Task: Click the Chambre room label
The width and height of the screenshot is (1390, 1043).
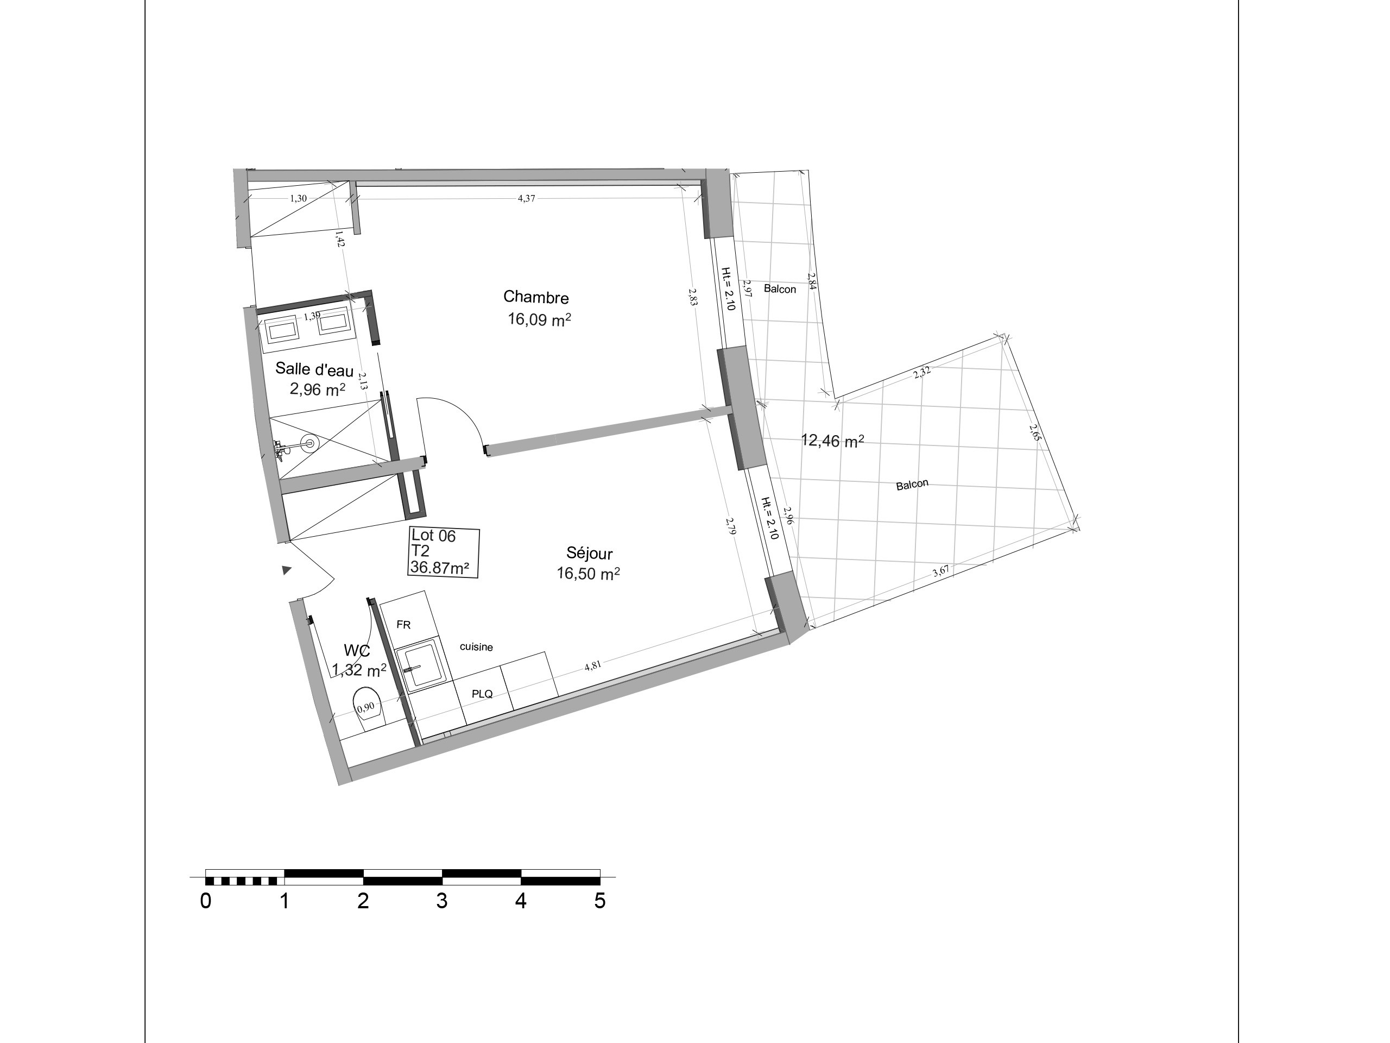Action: [x=536, y=297]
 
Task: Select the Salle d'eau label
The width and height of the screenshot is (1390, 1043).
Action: [x=314, y=370]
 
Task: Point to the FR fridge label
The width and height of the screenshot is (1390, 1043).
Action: [x=403, y=625]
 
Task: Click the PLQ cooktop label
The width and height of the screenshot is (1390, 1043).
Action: [x=482, y=694]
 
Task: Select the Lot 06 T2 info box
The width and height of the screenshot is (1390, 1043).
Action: [x=444, y=552]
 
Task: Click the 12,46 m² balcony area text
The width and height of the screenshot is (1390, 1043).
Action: [x=832, y=441]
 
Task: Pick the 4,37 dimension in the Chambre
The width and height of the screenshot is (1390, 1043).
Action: [x=526, y=198]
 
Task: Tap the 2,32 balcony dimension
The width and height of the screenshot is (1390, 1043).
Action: [x=922, y=372]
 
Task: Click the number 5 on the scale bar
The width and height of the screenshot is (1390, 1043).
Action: [x=599, y=901]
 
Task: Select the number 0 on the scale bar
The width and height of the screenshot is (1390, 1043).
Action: [x=205, y=901]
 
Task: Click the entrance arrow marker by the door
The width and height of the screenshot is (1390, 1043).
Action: [x=287, y=570]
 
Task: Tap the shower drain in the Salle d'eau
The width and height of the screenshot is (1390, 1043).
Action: [x=309, y=443]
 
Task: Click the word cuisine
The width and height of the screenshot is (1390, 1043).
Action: [x=476, y=647]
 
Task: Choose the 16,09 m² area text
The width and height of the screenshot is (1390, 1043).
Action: [x=539, y=319]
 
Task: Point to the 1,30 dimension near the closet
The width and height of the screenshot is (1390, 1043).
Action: [x=298, y=198]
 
